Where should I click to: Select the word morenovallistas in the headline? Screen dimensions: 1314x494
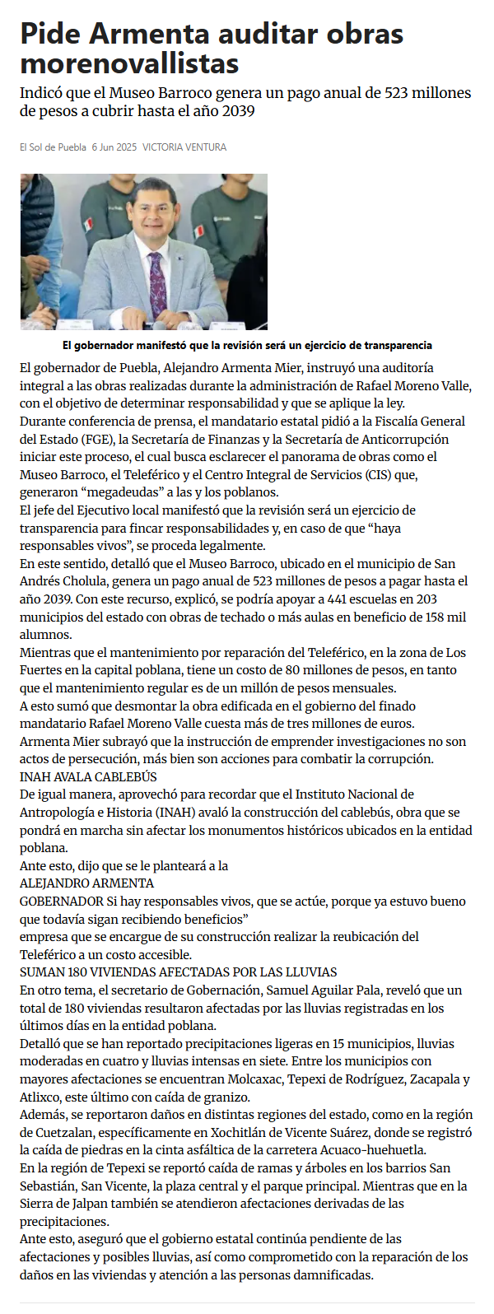[x=130, y=63]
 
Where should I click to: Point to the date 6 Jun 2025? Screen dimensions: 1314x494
[x=114, y=147]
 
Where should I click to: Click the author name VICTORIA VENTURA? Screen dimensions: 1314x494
[x=184, y=147]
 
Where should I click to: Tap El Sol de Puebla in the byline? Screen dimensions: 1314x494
[x=53, y=147]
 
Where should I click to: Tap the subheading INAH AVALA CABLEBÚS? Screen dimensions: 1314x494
[x=88, y=776]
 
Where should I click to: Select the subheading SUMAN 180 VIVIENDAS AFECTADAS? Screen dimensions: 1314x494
[x=178, y=972]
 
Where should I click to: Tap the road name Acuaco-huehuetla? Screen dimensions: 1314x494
[x=380, y=1150]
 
